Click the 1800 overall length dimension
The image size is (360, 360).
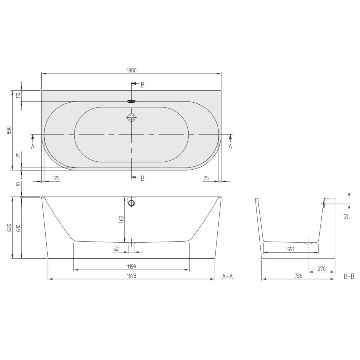pos(132,70)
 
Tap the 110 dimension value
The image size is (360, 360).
pos(18,96)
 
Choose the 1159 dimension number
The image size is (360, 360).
pos(132,266)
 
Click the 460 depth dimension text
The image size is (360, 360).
pos(121,220)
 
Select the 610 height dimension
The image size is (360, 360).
pos(18,228)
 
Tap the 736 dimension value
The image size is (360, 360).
pos(298,275)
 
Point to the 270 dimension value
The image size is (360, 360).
pos(321,269)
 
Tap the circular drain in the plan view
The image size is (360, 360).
pos(132,118)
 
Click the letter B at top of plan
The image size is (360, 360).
pos(142,85)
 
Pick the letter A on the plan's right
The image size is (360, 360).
pos(230,146)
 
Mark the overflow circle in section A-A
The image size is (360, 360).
pos(132,203)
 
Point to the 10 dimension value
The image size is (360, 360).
pos(18,184)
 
